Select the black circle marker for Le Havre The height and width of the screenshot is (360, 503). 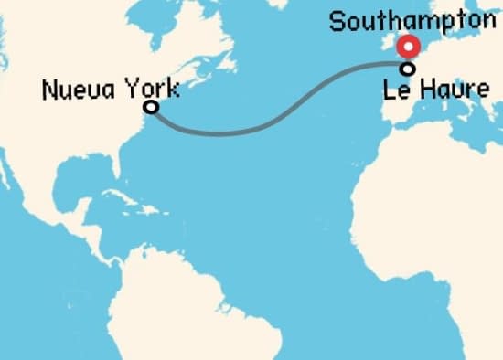pos(409,68)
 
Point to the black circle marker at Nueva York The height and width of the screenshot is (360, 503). pos(152,107)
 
